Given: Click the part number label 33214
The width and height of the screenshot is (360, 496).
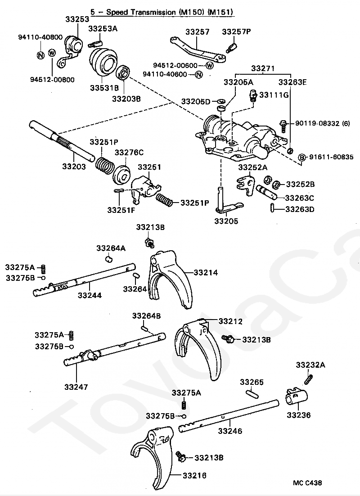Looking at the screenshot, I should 206,272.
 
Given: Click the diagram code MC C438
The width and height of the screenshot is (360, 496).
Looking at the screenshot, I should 307,483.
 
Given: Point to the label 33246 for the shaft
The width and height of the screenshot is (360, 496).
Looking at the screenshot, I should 230,431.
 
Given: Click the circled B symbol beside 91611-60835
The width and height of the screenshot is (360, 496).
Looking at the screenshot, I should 303,157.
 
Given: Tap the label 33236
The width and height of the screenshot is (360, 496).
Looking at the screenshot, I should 298,415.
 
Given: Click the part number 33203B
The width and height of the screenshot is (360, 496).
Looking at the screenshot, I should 126,98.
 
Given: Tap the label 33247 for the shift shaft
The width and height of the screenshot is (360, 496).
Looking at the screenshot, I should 76,386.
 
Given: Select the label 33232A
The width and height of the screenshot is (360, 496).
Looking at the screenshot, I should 310,365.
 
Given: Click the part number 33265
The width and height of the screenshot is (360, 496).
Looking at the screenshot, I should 252,382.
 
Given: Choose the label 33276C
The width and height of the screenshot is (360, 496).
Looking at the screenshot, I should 129,153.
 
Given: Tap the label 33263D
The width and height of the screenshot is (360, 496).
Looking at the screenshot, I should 300,209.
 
